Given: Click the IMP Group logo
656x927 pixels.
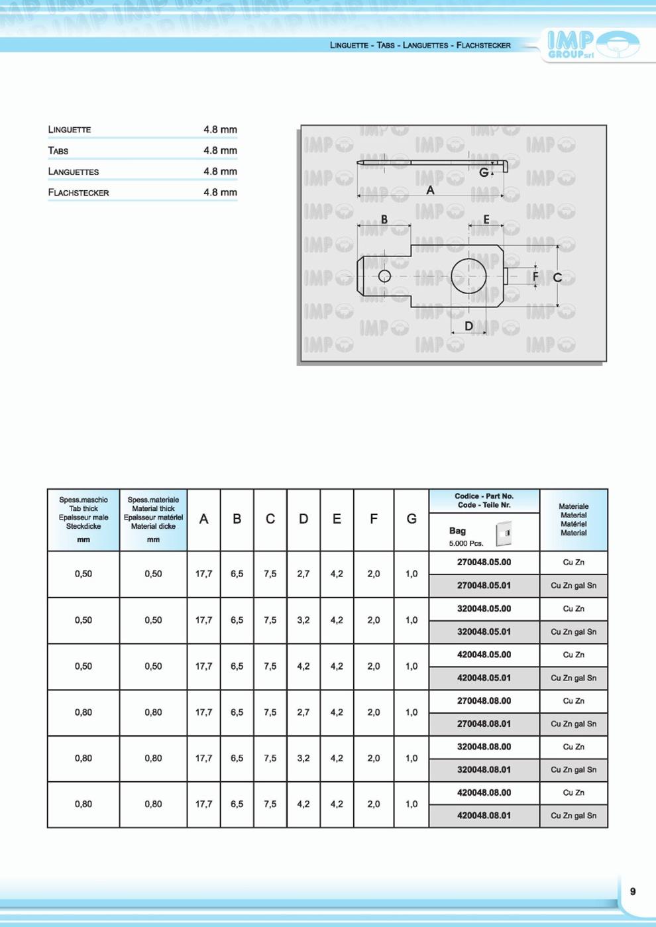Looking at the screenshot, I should tap(592, 44).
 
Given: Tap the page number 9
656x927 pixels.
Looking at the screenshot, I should tap(633, 891).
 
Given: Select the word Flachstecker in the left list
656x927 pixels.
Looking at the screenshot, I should tap(78, 193).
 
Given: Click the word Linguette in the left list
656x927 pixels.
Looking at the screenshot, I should tap(70, 130).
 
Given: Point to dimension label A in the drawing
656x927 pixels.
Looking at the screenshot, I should tap(430, 190).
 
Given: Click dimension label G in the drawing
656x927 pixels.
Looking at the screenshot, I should tap(484, 172).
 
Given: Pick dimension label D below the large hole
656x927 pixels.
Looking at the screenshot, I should tap(468, 326).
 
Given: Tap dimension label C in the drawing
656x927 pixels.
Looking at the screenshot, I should tap(557, 278).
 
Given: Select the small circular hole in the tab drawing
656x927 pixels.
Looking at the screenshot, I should tap(384, 276).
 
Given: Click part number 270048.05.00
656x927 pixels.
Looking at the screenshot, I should tap(484, 563).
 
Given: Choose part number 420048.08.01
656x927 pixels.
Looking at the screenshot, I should tap(484, 816).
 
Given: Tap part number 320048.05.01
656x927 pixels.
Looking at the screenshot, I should tap(484, 631).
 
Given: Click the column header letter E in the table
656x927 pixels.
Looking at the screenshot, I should tap(337, 519).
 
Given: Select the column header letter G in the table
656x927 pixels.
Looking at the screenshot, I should tap(411, 519).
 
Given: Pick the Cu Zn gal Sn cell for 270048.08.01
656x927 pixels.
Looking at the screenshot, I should tap(573, 724).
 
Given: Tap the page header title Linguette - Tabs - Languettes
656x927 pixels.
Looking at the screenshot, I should tap(420, 45).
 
